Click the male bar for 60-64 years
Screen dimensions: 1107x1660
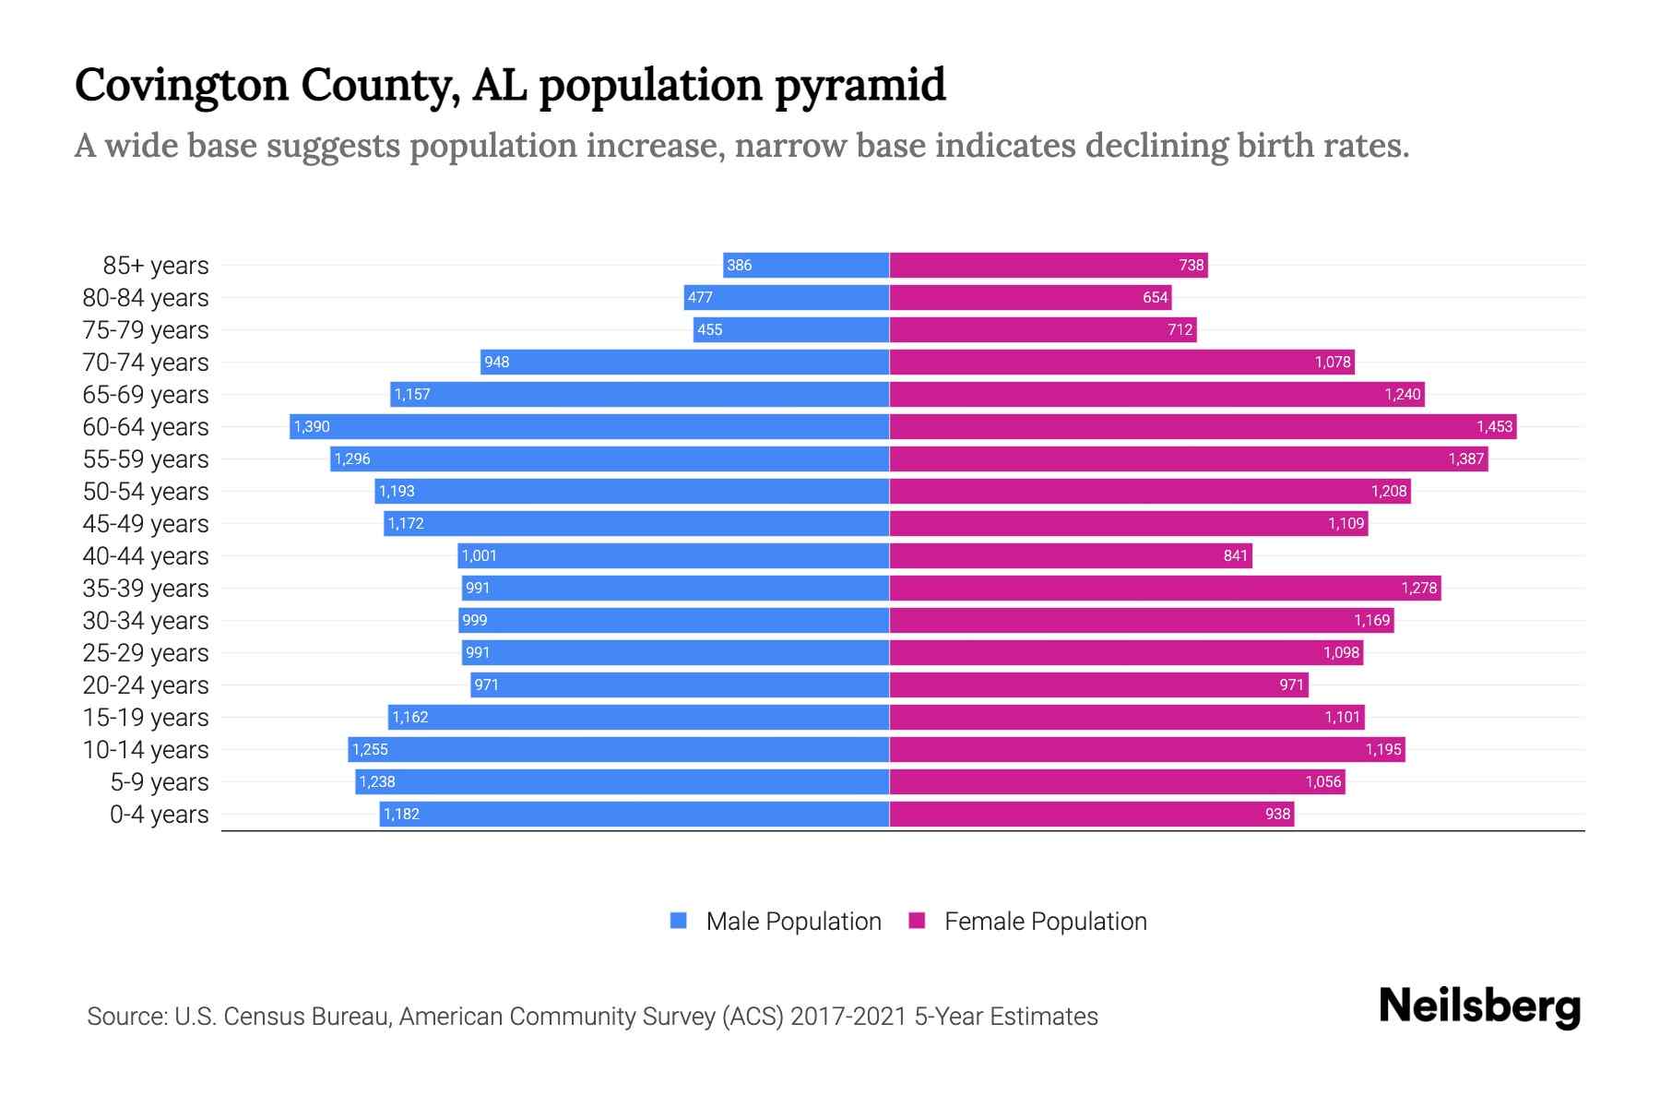[x=590, y=426]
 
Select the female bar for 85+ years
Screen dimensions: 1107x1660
[x=1049, y=266]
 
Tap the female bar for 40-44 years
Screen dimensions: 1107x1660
[x=1070, y=555]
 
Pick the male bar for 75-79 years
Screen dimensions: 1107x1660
[x=791, y=330]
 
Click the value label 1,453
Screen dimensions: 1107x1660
[x=1494, y=426]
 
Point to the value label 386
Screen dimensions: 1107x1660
[x=739, y=266]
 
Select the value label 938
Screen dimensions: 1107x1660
[x=1277, y=814]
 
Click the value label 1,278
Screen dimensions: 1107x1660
[x=1418, y=588]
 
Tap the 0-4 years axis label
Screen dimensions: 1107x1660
[x=159, y=815]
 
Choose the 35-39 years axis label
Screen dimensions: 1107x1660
[x=146, y=589]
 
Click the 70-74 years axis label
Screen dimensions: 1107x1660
[x=146, y=363]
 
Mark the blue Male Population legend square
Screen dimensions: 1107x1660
[x=679, y=921]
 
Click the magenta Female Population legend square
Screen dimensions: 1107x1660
[x=917, y=921]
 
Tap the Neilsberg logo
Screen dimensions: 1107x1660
[x=1479, y=1006]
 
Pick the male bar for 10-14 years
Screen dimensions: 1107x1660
[x=618, y=749]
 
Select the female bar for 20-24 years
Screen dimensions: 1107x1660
[x=1097, y=684]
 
